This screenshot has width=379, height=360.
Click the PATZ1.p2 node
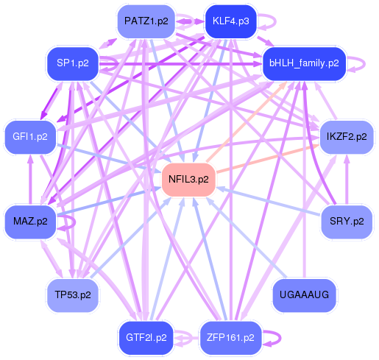coord(146,21)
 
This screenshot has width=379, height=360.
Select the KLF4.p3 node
coord(231,21)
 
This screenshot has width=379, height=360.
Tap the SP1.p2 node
coord(73,63)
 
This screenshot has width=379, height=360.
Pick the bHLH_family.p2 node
coord(304,63)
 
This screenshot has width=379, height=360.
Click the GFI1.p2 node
coord(30,137)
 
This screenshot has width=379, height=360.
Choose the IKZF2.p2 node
coord(347,137)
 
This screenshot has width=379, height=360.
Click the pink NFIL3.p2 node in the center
coord(188,180)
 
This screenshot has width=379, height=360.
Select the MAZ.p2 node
coord(30,222)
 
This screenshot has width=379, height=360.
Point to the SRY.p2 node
coord(347,222)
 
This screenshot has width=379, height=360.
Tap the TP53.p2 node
coord(73,295)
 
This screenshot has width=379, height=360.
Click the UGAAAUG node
coord(304,295)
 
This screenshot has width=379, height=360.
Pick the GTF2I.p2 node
coord(146,338)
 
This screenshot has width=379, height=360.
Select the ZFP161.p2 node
coord(230,338)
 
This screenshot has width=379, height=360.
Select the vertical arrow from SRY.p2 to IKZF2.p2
coord(347,180)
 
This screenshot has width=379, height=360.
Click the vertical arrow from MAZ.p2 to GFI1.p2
coord(30,180)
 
